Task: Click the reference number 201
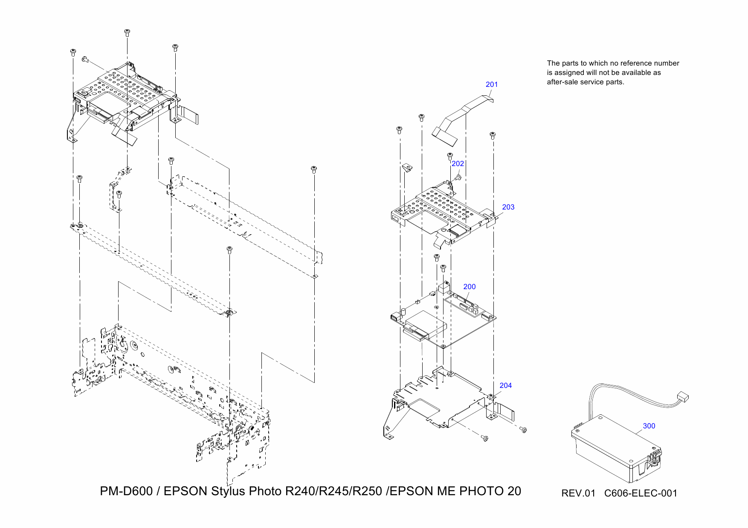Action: (x=492, y=84)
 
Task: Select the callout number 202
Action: (x=458, y=164)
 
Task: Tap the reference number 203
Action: (x=508, y=207)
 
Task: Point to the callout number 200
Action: (x=469, y=287)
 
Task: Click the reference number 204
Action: (x=505, y=385)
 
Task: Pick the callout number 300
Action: (x=649, y=426)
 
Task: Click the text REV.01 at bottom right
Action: (x=578, y=493)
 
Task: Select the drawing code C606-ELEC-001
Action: (x=641, y=493)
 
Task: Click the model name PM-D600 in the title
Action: (x=126, y=491)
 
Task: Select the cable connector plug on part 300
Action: (x=682, y=398)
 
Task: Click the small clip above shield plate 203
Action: (x=407, y=167)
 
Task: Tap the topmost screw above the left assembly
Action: (x=127, y=32)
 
